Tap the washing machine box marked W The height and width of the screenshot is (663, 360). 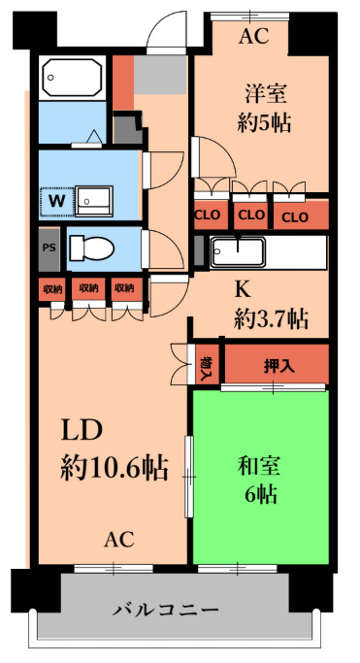[x=56, y=201]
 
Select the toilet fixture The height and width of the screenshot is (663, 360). [x=92, y=248]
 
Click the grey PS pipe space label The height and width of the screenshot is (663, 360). [x=49, y=248]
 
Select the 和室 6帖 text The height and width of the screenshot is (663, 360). [x=260, y=478]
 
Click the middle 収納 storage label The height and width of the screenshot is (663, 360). [x=88, y=288]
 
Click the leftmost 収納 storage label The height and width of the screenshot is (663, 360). [x=51, y=288]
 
